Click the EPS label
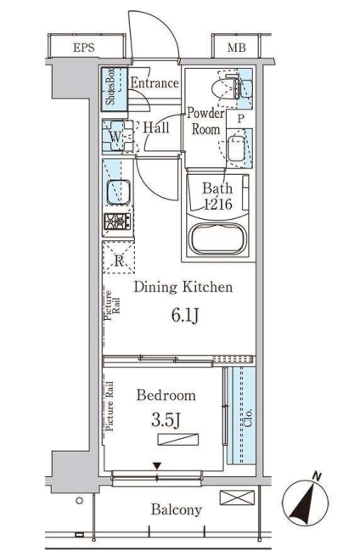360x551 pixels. pyautogui.click(x=84, y=48)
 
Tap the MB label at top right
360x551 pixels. pyautogui.click(x=234, y=48)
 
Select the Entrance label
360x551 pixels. pyautogui.click(x=154, y=83)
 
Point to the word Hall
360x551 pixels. pyautogui.click(x=155, y=127)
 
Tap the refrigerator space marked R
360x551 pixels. pyautogui.click(x=117, y=259)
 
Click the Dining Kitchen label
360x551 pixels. pyautogui.click(x=182, y=288)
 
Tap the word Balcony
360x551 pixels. pyautogui.click(x=176, y=510)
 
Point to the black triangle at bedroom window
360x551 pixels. pyautogui.click(x=156, y=465)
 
